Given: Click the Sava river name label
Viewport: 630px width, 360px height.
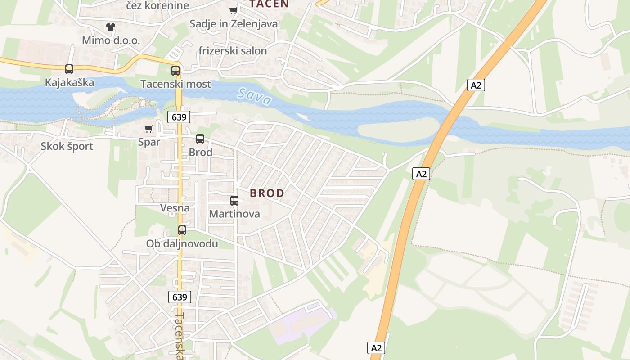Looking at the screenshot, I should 255,97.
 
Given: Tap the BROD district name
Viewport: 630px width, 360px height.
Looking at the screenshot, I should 267,193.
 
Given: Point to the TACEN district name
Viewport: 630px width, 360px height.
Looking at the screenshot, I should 269,4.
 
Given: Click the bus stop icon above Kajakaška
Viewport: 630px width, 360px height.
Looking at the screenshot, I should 69,69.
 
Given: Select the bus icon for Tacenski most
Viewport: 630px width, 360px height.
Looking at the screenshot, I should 175,71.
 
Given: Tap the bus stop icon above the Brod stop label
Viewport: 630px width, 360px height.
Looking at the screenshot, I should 200,139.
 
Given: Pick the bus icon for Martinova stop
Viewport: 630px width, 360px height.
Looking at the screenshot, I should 234,201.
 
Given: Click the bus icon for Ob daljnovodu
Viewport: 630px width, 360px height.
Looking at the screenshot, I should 182,230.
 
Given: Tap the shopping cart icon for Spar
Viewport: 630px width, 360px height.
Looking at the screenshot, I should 149,129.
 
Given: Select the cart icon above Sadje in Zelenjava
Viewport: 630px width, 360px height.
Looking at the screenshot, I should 233,11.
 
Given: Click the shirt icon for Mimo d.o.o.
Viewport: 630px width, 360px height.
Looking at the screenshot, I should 111,27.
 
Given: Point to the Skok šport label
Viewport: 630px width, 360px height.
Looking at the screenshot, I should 67,146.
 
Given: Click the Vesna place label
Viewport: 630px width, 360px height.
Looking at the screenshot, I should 175,208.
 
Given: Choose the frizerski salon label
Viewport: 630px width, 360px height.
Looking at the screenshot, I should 233,51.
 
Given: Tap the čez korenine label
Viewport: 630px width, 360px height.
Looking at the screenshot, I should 157,6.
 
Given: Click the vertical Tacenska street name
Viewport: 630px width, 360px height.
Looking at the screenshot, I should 180,335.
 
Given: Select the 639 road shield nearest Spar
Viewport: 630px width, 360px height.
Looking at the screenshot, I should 179,117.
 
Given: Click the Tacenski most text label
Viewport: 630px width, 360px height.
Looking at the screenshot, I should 175,84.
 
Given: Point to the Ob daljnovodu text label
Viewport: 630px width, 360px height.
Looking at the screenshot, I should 182,244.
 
